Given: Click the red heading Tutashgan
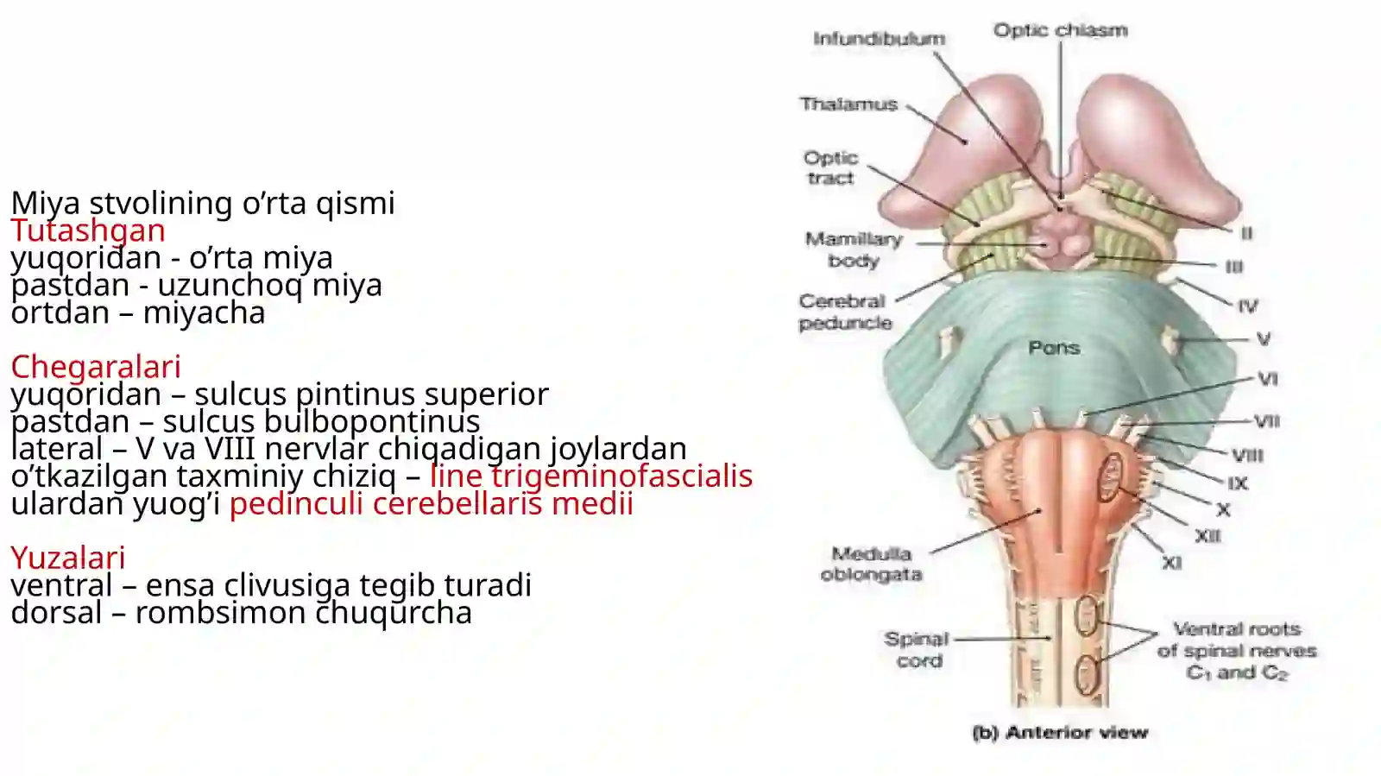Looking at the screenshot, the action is coord(88,230).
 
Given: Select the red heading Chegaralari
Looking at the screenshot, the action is coord(96,367).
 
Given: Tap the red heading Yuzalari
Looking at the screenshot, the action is coord(68,558).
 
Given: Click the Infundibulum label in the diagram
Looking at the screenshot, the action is coord(880,39).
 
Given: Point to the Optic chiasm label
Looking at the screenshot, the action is coord(1061,30).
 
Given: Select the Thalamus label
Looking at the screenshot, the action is coord(848,104).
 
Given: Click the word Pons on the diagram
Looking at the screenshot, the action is coord(1054,348).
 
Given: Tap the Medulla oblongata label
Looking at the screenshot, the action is coord(871,564).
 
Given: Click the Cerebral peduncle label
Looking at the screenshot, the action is coord(845,312).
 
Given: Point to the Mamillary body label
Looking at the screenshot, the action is coord(854,249).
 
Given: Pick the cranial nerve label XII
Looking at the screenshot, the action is coord(1208,536).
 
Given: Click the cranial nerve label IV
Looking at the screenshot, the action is coord(1248,306).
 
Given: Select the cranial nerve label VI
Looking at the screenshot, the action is coord(1268,379).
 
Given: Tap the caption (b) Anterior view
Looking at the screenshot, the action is coord(1061,733).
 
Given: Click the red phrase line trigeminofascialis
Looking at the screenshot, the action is coord(591,476).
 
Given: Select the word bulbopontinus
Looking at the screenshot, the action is coord(372,422).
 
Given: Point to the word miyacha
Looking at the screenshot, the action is coord(204,312).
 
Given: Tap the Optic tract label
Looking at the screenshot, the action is coord(830,167).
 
